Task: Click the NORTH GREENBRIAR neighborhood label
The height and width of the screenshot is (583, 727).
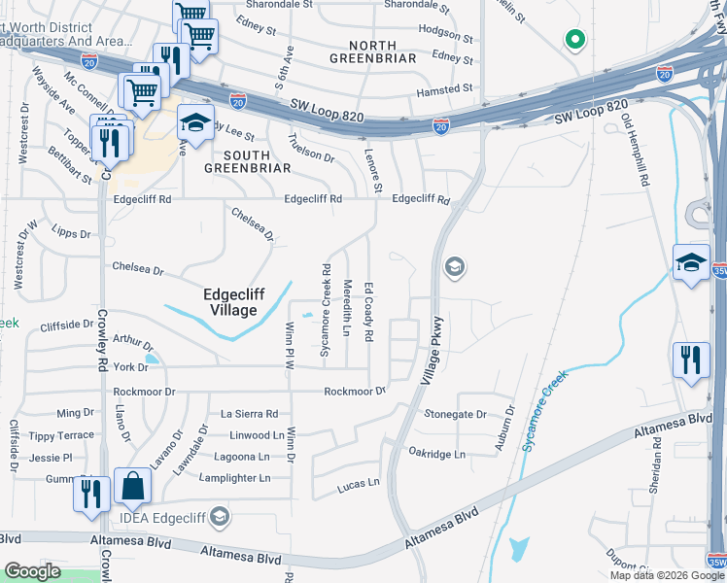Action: [372, 52]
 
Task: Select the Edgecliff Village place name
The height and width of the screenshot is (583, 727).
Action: [230, 302]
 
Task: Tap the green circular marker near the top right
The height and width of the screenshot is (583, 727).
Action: [574, 40]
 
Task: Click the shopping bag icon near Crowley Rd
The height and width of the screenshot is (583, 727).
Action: [132, 485]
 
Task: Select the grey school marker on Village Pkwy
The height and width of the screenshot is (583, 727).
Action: [454, 267]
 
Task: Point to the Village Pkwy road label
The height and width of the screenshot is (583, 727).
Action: [433, 350]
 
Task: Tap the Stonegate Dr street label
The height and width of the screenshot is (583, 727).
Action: [455, 414]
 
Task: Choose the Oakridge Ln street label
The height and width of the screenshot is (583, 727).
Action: [436, 454]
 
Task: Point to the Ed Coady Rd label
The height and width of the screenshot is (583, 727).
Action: [369, 311]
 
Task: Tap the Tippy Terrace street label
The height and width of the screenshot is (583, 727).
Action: [60, 435]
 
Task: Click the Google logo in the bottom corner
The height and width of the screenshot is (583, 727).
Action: [32, 571]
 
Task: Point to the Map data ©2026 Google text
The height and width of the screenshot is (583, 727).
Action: [666, 575]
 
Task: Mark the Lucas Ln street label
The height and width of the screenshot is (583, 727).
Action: [358, 482]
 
